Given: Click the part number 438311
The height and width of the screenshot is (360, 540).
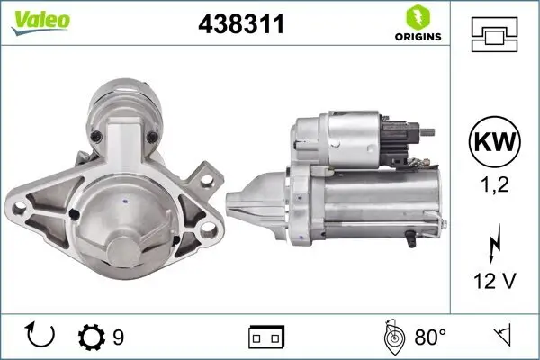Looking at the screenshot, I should click(x=240, y=26).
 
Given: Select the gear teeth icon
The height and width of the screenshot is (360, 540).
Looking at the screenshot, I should click(x=93, y=337).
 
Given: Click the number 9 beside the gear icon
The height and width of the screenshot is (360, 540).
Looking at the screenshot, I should click(x=118, y=337).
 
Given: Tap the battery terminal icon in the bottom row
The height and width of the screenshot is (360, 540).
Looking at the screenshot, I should click(x=265, y=337).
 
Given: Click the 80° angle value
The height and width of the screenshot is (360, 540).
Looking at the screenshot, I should click(x=429, y=337).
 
